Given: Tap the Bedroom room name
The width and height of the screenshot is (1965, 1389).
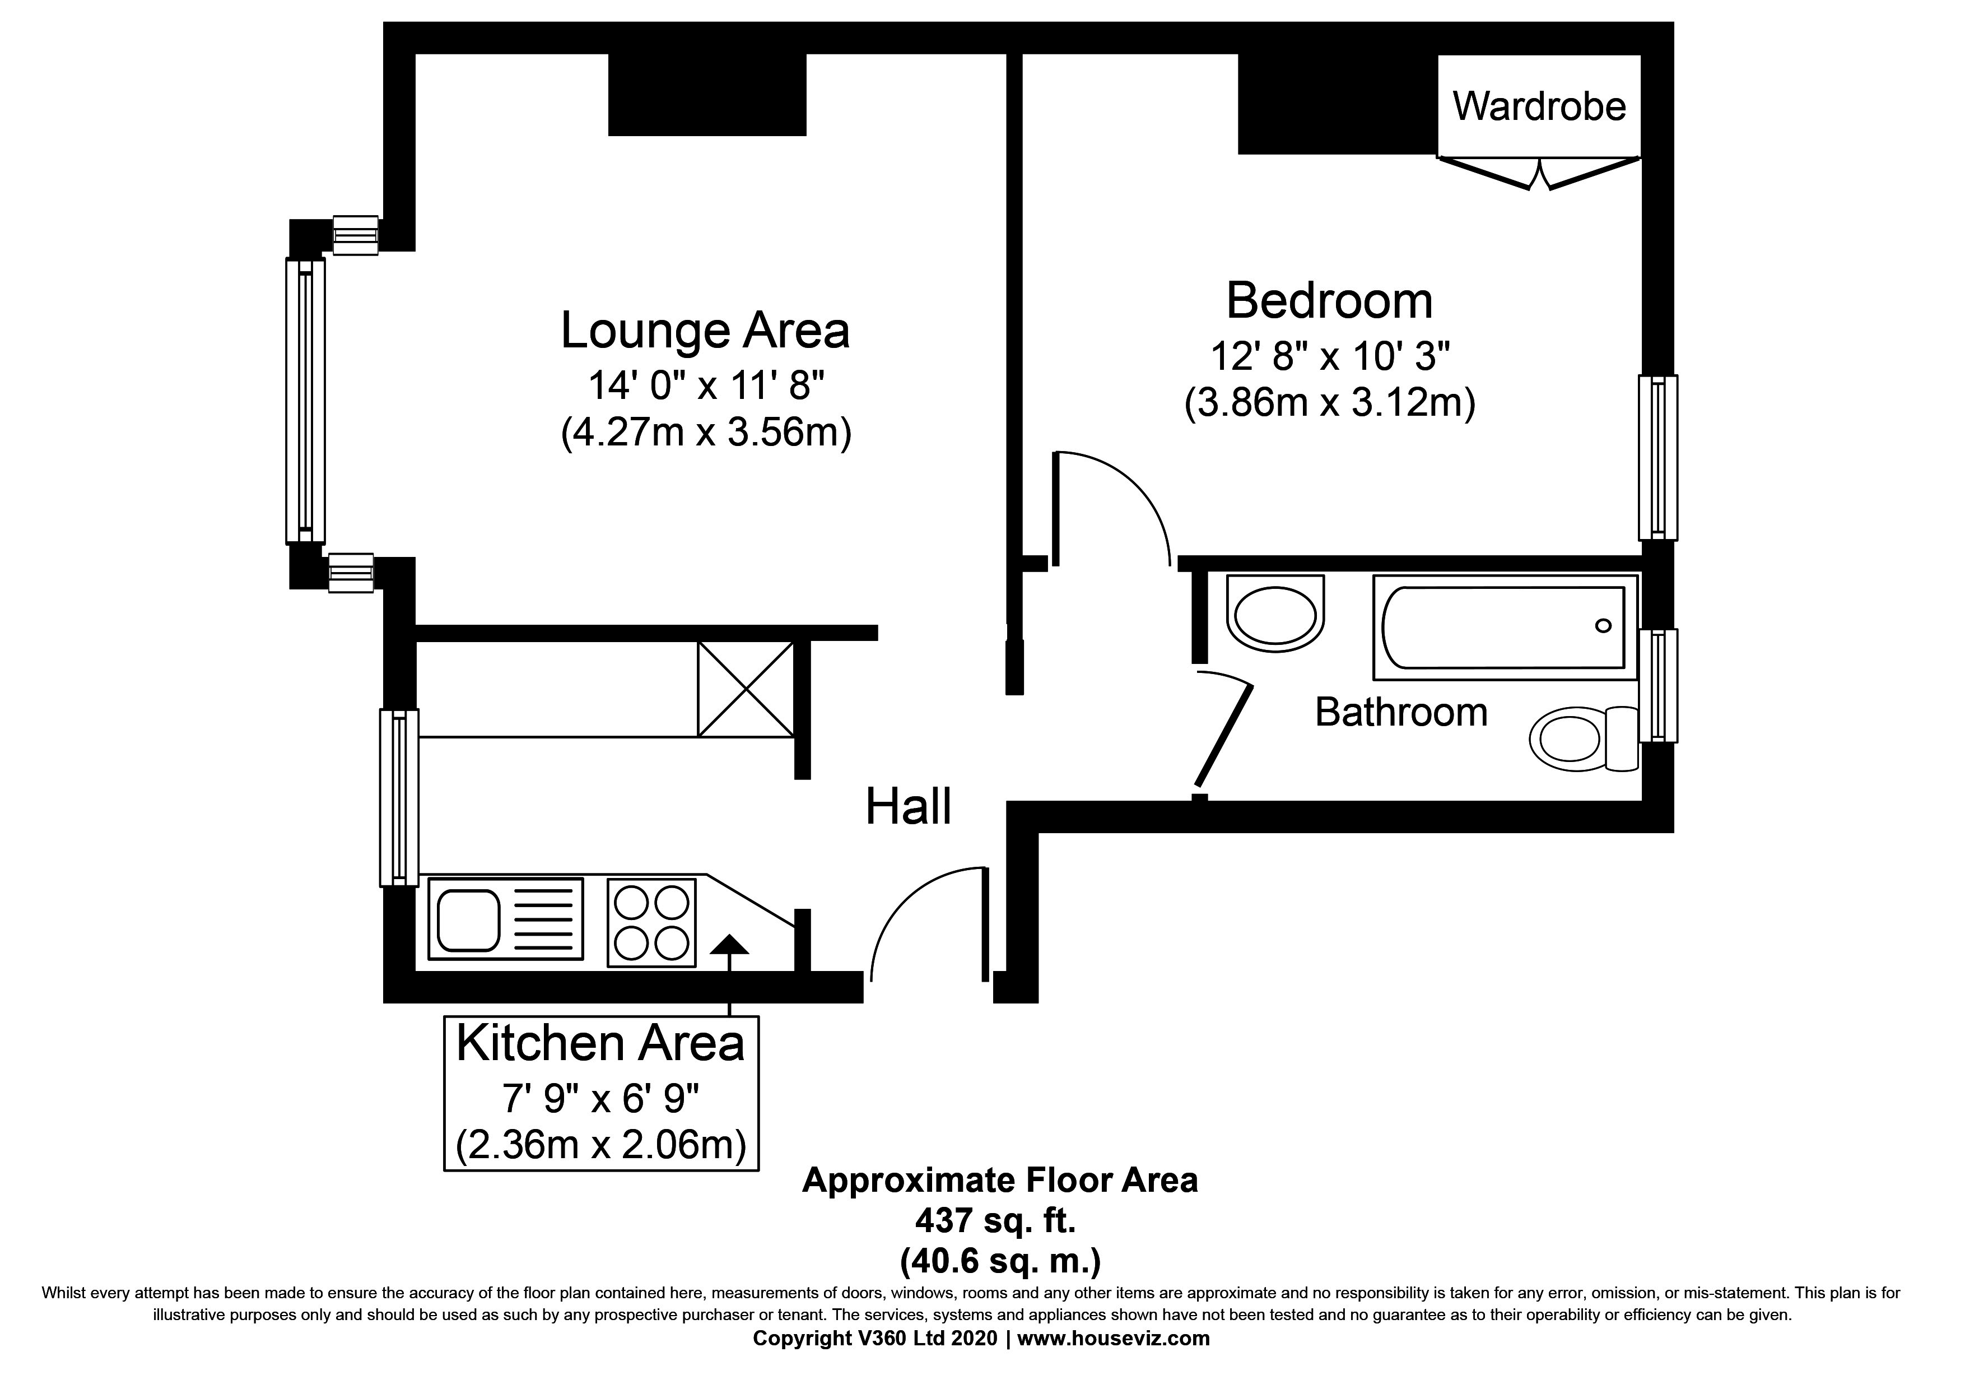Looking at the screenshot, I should pos(1329,301).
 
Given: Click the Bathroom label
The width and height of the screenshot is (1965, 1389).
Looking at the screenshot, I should pos(1401,712).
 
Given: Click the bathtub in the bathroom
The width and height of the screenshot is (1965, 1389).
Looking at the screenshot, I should pos(1503,628).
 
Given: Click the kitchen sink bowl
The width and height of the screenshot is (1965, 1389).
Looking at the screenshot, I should pos(468,920).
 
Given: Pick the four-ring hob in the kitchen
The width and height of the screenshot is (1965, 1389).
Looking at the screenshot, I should pos(651,923).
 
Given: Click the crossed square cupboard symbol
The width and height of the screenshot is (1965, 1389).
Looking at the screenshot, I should pos(746,689).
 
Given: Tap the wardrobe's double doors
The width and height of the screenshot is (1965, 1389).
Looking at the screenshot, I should pos(1539,174).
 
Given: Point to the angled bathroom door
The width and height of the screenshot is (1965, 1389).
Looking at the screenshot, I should pos(1224,736).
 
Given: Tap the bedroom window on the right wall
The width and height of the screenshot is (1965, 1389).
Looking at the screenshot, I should pos(1657,458).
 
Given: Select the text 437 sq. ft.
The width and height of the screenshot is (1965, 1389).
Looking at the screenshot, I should pos(995,1221).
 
